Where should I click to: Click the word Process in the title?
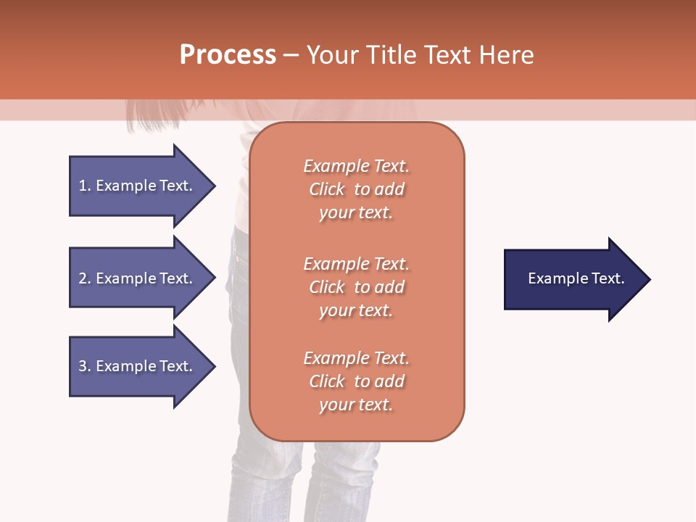[x=228, y=55]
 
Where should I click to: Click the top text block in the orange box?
[x=356, y=189]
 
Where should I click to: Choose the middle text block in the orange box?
[x=356, y=287]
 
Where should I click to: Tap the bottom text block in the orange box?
[x=356, y=381]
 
